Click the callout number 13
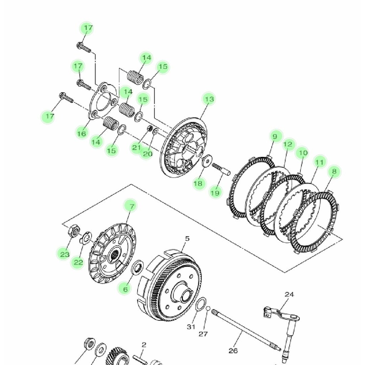209,99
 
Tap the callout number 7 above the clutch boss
131,206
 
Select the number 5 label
187,239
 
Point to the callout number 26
233,351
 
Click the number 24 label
289,294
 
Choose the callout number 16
82,134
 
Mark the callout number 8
334,171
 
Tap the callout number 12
288,144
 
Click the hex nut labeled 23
73,230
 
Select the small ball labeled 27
208,308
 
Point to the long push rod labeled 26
246,330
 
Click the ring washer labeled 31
201,304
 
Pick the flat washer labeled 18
206,161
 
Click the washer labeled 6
138,267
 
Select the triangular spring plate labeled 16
102,102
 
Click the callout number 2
144,345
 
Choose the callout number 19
215,193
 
